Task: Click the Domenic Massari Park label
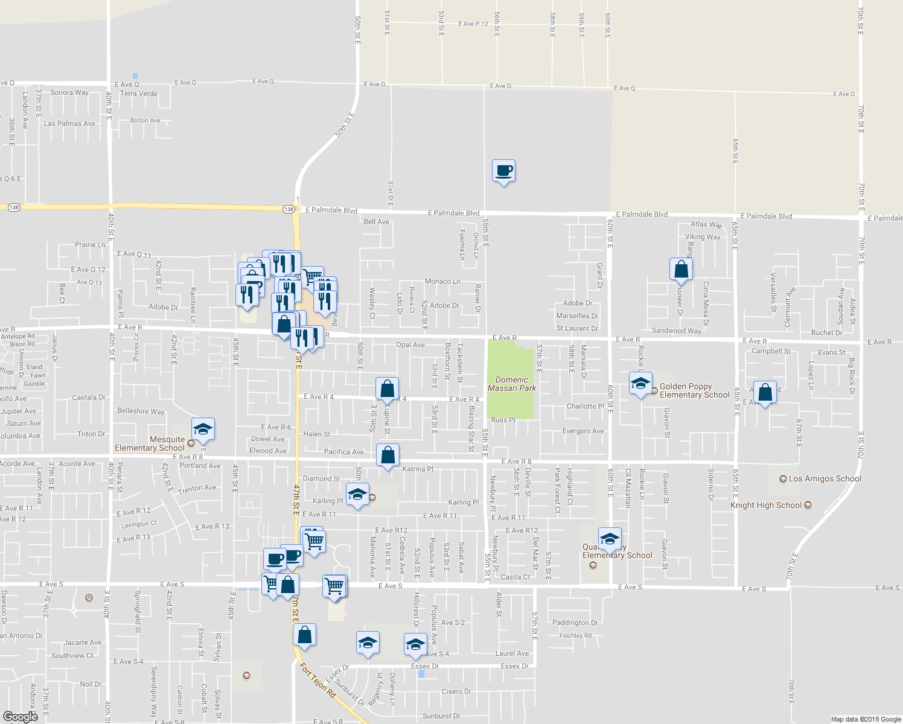coord(512,384)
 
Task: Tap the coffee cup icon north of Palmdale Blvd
coord(503,171)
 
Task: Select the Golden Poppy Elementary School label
coord(694,391)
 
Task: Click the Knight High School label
coord(766,506)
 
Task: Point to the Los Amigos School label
coord(825,479)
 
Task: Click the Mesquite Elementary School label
coord(150,444)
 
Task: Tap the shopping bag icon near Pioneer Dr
coord(681,269)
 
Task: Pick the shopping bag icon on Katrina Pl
coord(388,455)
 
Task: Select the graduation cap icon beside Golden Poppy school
coord(640,384)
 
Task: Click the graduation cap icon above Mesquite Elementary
coord(203,429)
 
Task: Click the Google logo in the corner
coord(21,717)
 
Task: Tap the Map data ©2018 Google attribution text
coord(866,719)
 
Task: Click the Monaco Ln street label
coord(442,282)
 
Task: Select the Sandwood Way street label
coord(677,331)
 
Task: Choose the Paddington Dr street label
coord(575,623)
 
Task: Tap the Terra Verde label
coord(139,94)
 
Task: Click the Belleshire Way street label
coord(141,411)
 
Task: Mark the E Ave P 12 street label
coord(473,24)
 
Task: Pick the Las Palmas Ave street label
coord(69,124)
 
